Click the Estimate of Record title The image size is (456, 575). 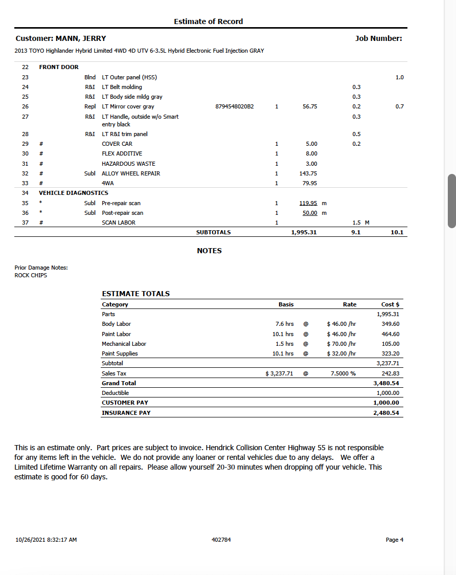pos(208,21)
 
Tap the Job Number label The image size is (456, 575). pos(378,38)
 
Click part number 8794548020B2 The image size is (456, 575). pos(235,106)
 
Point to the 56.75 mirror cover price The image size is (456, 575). pos(310,106)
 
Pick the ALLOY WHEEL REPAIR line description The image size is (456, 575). pos(131,173)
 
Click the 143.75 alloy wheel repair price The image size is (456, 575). pos(308,173)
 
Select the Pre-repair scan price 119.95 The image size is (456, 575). pos(308,203)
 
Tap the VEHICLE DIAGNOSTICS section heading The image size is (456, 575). pos(74,193)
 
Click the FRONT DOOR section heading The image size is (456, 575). pos(59,67)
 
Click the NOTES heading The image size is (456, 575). pos(209,251)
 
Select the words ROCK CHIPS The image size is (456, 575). pos(31,275)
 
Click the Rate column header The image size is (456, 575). pos(350,304)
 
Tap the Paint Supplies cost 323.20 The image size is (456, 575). pos(391,353)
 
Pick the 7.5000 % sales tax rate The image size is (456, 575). pos(343,373)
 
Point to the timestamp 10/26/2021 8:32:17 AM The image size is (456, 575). pos(46,540)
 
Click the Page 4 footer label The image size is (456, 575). pos(395,540)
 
